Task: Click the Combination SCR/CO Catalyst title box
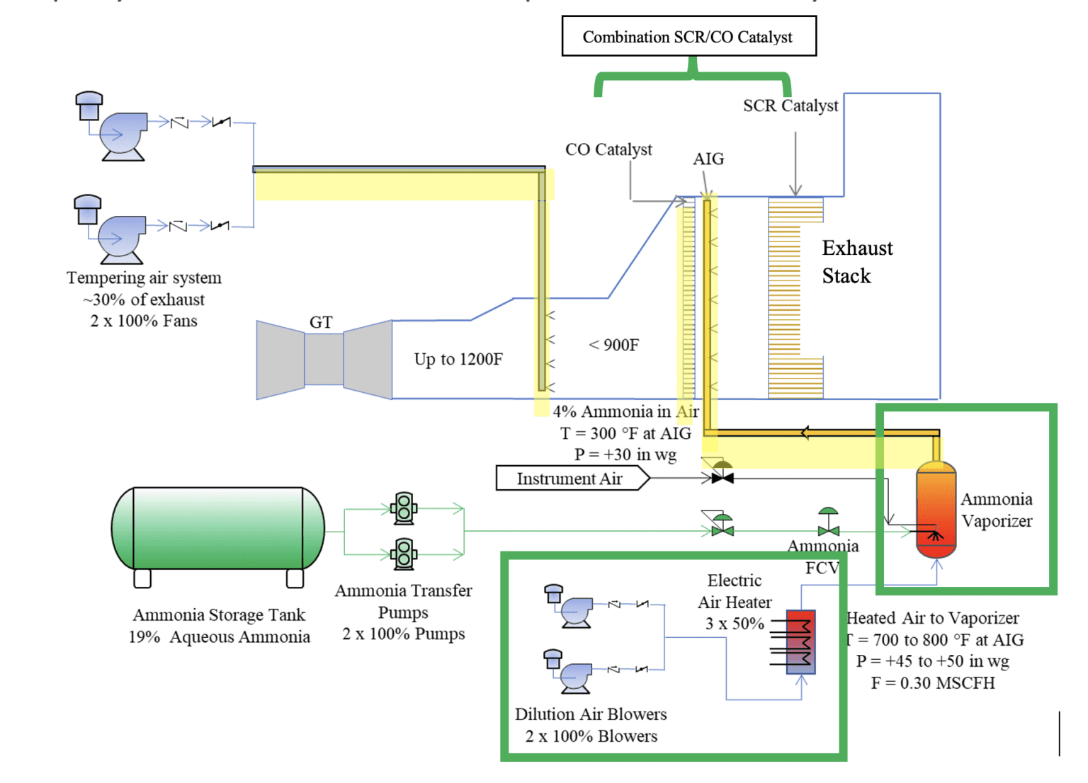click(688, 37)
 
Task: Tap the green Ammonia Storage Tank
click(218, 528)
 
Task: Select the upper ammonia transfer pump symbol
click(404, 508)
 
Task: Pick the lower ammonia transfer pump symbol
click(404, 554)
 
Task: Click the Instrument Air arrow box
click(571, 479)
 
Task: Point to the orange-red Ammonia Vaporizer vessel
click(936, 510)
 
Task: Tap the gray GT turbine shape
click(324, 360)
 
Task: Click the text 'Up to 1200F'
click(458, 360)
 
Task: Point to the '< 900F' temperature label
click(613, 345)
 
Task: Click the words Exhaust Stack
click(856, 262)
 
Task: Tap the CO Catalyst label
click(608, 150)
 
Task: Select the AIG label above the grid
click(708, 159)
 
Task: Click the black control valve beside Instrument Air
click(722, 478)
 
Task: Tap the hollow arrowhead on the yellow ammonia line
click(805, 433)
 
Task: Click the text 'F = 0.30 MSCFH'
click(932, 683)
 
